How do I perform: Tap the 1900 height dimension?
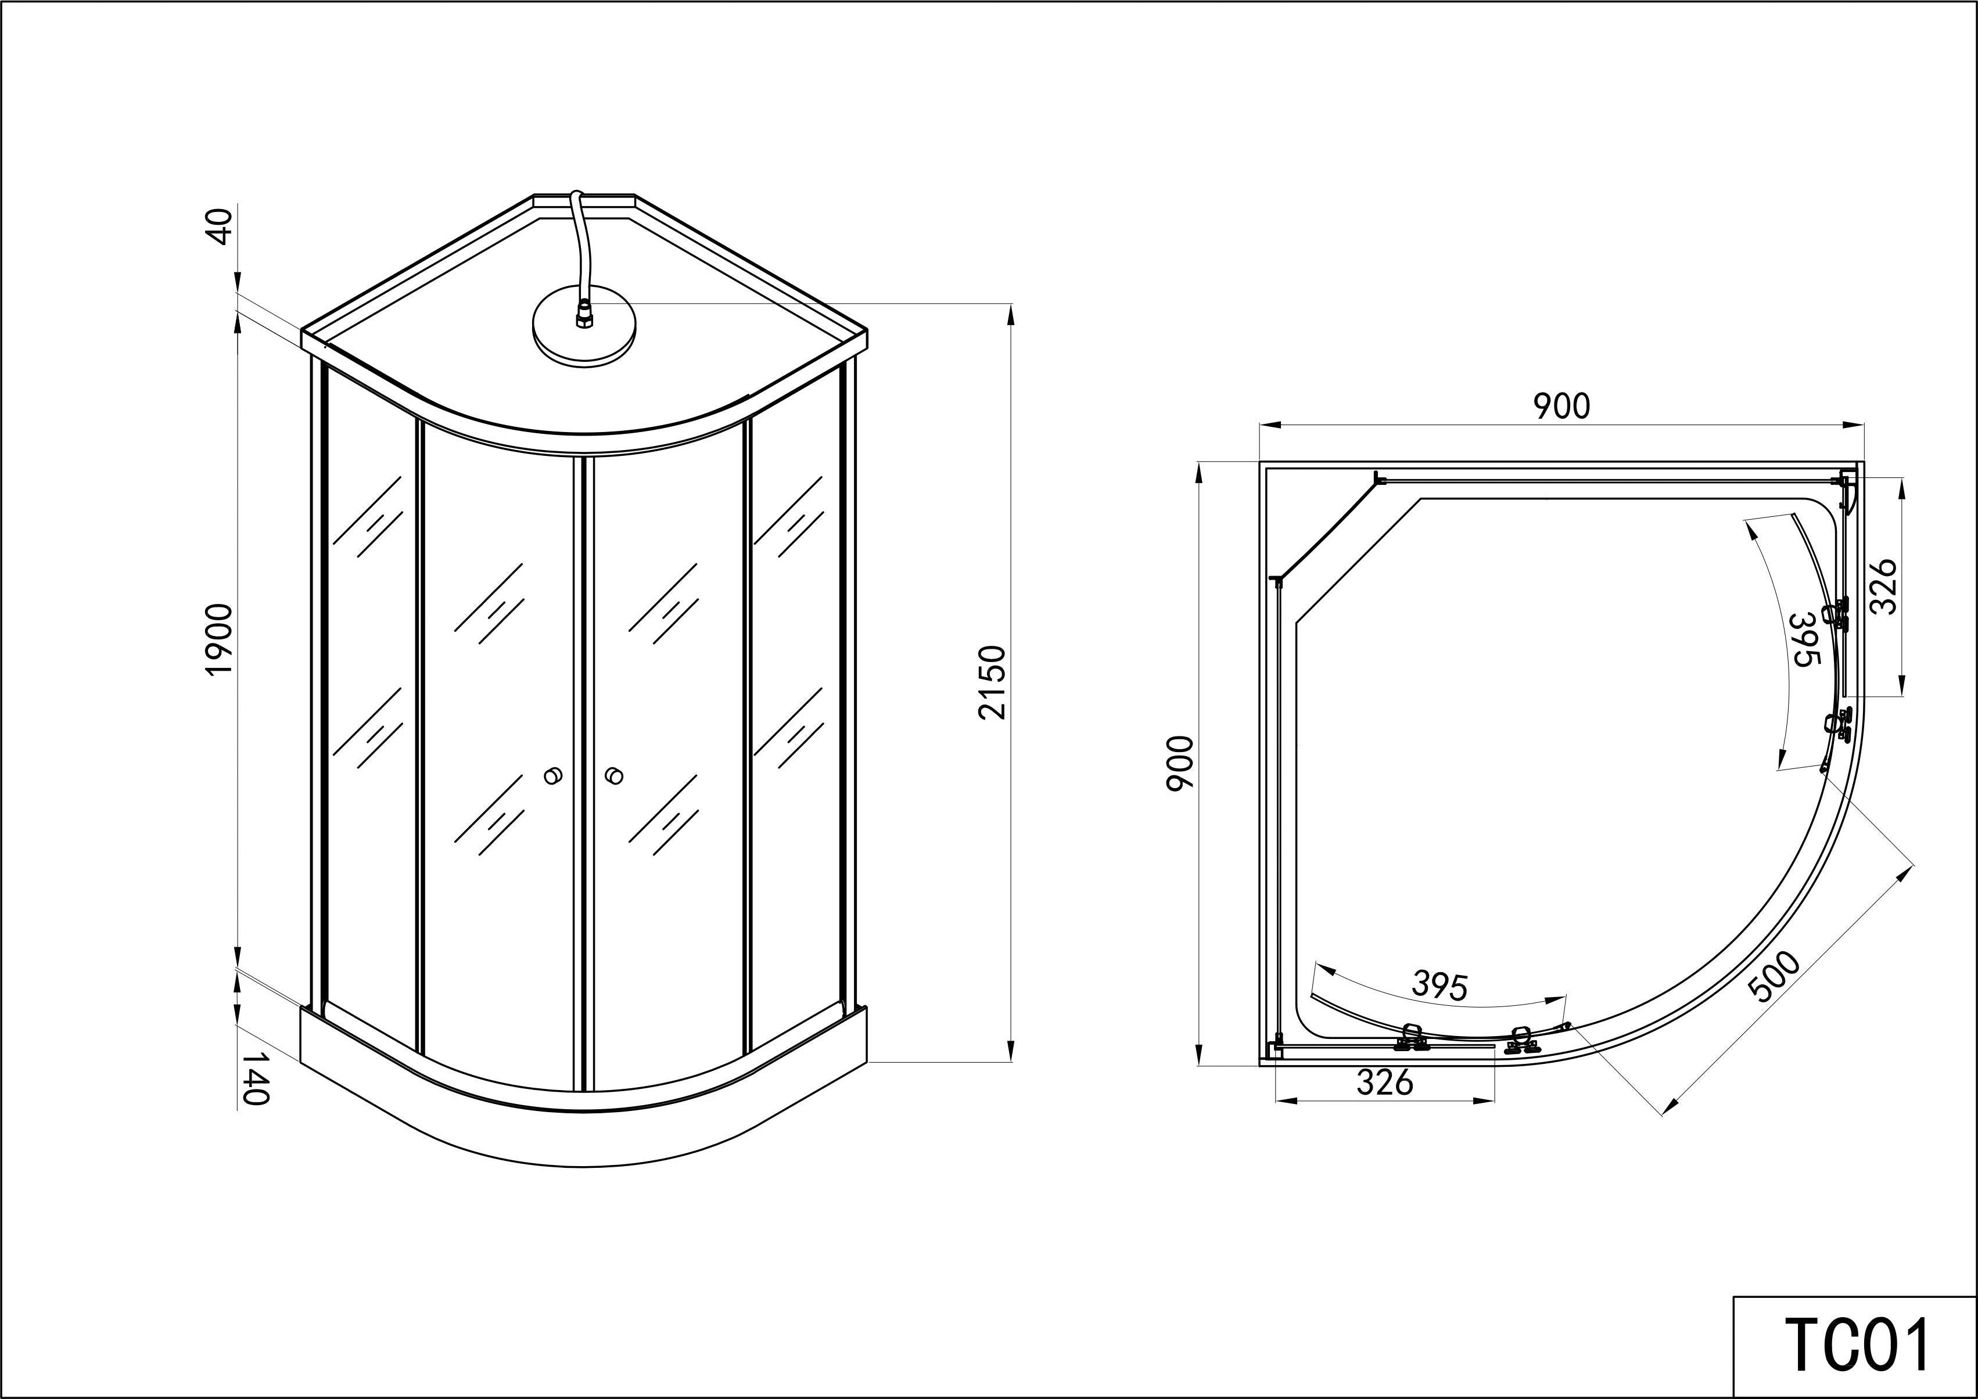tap(220, 639)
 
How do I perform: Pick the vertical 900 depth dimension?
tap(1179, 763)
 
